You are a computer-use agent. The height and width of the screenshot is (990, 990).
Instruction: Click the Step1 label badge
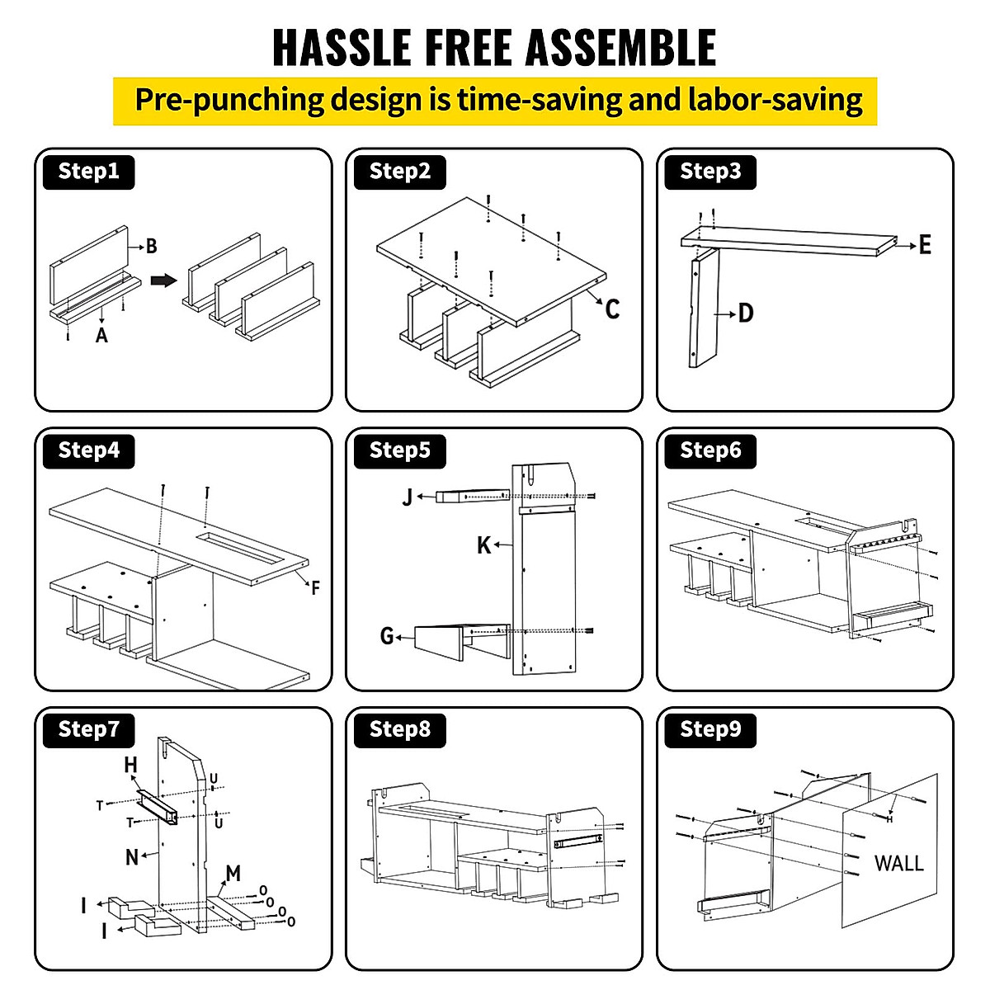(x=88, y=172)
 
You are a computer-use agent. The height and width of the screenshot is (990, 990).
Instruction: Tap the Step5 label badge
(x=399, y=450)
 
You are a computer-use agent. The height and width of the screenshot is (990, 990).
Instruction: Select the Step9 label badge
(x=710, y=729)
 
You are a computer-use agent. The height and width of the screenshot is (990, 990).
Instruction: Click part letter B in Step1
(x=151, y=246)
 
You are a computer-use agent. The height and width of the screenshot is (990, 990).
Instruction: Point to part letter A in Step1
(x=101, y=335)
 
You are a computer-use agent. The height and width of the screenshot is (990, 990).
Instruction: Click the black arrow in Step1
(x=165, y=280)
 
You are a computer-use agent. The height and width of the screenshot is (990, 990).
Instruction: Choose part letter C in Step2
(x=612, y=309)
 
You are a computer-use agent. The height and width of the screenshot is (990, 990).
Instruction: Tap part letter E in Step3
(x=925, y=245)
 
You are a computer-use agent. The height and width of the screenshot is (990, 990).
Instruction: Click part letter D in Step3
(x=746, y=313)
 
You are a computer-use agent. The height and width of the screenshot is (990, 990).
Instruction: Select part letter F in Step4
(x=315, y=588)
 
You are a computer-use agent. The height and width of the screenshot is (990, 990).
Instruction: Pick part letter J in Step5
(x=408, y=497)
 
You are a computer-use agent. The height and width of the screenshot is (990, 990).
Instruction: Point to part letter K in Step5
(x=484, y=545)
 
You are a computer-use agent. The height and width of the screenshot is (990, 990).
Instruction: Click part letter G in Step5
(x=387, y=636)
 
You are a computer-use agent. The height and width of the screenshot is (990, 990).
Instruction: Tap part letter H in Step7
(x=130, y=766)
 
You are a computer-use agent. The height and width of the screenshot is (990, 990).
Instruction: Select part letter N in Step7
(x=132, y=857)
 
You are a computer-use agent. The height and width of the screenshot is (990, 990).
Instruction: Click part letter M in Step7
(x=233, y=873)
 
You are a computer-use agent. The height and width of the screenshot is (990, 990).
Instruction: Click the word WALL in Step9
(x=899, y=864)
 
